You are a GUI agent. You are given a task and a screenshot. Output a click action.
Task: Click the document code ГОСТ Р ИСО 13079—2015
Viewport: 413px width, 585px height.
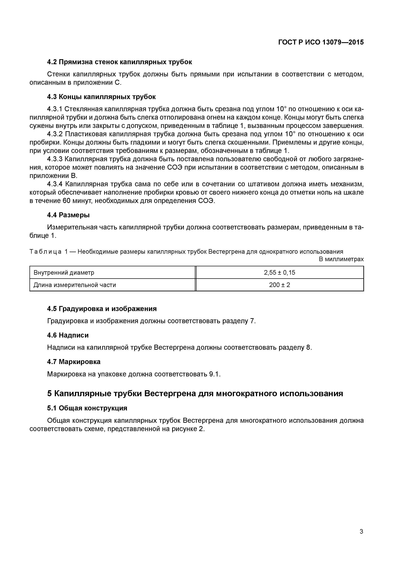(321, 42)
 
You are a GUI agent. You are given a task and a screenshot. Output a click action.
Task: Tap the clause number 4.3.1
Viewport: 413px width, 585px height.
(55, 109)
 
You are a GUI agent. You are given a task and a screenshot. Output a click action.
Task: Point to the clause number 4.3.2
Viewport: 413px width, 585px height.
(55, 134)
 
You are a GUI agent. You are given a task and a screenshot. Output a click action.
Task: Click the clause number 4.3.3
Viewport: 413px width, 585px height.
(55, 159)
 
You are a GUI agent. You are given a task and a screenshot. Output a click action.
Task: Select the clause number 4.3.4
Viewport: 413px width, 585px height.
(55, 184)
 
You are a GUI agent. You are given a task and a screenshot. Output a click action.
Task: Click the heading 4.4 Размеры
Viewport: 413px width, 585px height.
(68, 215)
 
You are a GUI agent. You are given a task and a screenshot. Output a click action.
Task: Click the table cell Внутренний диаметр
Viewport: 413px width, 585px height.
(64, 273)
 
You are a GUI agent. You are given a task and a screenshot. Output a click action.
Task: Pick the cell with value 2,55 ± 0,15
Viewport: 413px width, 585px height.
(279, 273)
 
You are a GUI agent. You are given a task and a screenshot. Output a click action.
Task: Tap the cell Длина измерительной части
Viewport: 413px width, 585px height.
(75, 285)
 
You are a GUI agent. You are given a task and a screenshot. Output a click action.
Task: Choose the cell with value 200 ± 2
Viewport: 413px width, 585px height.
(279, 285)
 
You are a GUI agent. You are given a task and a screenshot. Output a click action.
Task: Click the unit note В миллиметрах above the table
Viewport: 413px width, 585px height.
(341, 259)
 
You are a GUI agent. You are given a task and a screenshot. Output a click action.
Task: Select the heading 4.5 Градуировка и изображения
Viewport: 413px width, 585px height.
(102, 309)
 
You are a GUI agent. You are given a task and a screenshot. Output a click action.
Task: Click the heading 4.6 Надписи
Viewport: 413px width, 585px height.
(68, 335)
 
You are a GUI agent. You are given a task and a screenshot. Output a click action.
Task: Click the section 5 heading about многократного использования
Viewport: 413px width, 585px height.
(195, 394)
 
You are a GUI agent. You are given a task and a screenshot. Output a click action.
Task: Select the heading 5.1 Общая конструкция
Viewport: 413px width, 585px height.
(87, 408)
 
